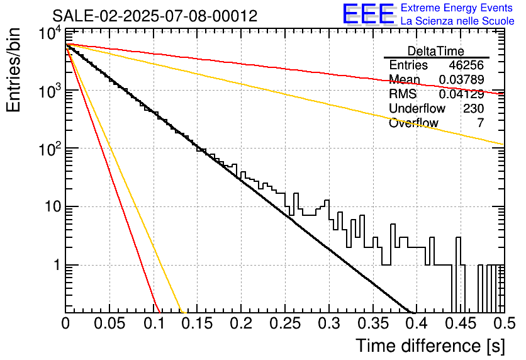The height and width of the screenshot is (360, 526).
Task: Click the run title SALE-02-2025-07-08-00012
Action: click(155, 16)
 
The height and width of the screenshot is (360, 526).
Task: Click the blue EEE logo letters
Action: click(369, 13)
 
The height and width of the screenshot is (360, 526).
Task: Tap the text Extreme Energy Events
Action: click(457, 8)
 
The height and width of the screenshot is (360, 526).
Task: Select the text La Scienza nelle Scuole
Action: click(457, 21)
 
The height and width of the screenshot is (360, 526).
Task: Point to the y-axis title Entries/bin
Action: click(13, 70)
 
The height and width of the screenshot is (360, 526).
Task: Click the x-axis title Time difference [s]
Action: click(430, 346)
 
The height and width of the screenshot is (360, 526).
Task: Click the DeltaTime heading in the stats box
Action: click(436, 51)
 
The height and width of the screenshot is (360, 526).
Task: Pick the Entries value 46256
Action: click(466, 65)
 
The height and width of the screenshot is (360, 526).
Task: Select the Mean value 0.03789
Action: click(461, 79)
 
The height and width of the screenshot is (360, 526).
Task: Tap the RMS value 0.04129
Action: click(461, 94)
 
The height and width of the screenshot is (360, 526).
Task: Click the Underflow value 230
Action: click(473, 108)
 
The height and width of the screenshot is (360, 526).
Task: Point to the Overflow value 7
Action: click(480, 123)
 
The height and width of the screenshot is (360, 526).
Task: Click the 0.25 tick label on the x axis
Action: click(285, 323)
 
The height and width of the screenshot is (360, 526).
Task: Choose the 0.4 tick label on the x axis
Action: click(416, 323)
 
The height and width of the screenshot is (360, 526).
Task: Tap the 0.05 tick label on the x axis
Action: click(109, 323)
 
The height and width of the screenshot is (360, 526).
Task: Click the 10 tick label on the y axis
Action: click(53, 206)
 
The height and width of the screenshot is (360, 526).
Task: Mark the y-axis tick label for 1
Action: click(57, 265)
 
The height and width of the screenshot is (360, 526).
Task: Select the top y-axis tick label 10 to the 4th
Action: click(50, 33)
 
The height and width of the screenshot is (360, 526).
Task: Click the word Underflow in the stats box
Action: click(417, 108)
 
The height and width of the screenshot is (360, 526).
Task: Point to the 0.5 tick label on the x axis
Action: click(503, 323)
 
